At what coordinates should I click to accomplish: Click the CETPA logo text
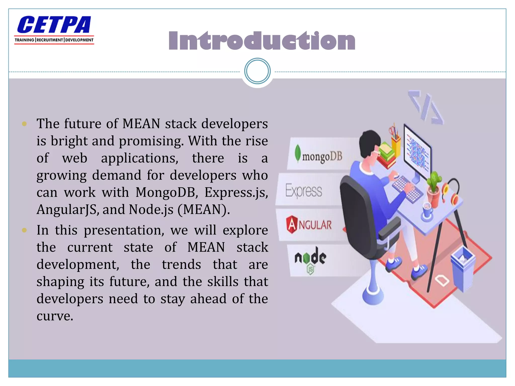(x=54, y=25)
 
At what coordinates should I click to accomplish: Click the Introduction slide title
(x=262, y=41)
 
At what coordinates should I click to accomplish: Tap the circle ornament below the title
(x=257, y=71)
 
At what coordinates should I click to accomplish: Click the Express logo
(x=304, y=191)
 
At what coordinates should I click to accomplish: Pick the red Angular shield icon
(x=292, y=224)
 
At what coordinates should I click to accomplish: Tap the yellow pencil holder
(x=396, y=143)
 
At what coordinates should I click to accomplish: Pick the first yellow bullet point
(x=24, y=124)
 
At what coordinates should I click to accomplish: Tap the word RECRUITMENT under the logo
(x=50, y=40)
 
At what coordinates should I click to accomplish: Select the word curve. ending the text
(x=55, y=316)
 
